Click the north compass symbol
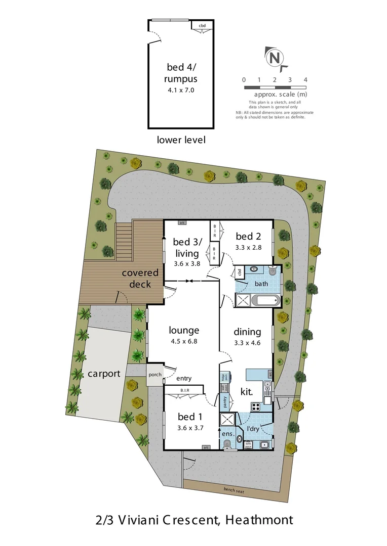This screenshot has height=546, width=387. click(274, 57)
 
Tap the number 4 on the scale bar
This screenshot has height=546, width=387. click(305, 80)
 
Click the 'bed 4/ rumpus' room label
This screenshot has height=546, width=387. click(181, 73)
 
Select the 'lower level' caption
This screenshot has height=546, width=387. click(181, 140)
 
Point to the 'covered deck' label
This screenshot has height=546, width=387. click(140, 278)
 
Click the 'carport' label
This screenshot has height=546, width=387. click(103, 374)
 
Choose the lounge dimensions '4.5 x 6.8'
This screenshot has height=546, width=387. click(184, 341)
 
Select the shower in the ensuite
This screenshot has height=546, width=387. click(227, 420)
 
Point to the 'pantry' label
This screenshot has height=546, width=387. click(225, 401)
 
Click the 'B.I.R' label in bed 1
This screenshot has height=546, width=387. click(184, 390)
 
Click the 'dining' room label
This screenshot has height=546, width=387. click(247, 332)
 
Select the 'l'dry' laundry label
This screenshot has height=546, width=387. click(253, 429)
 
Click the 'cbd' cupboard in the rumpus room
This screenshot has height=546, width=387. click(202, 25)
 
